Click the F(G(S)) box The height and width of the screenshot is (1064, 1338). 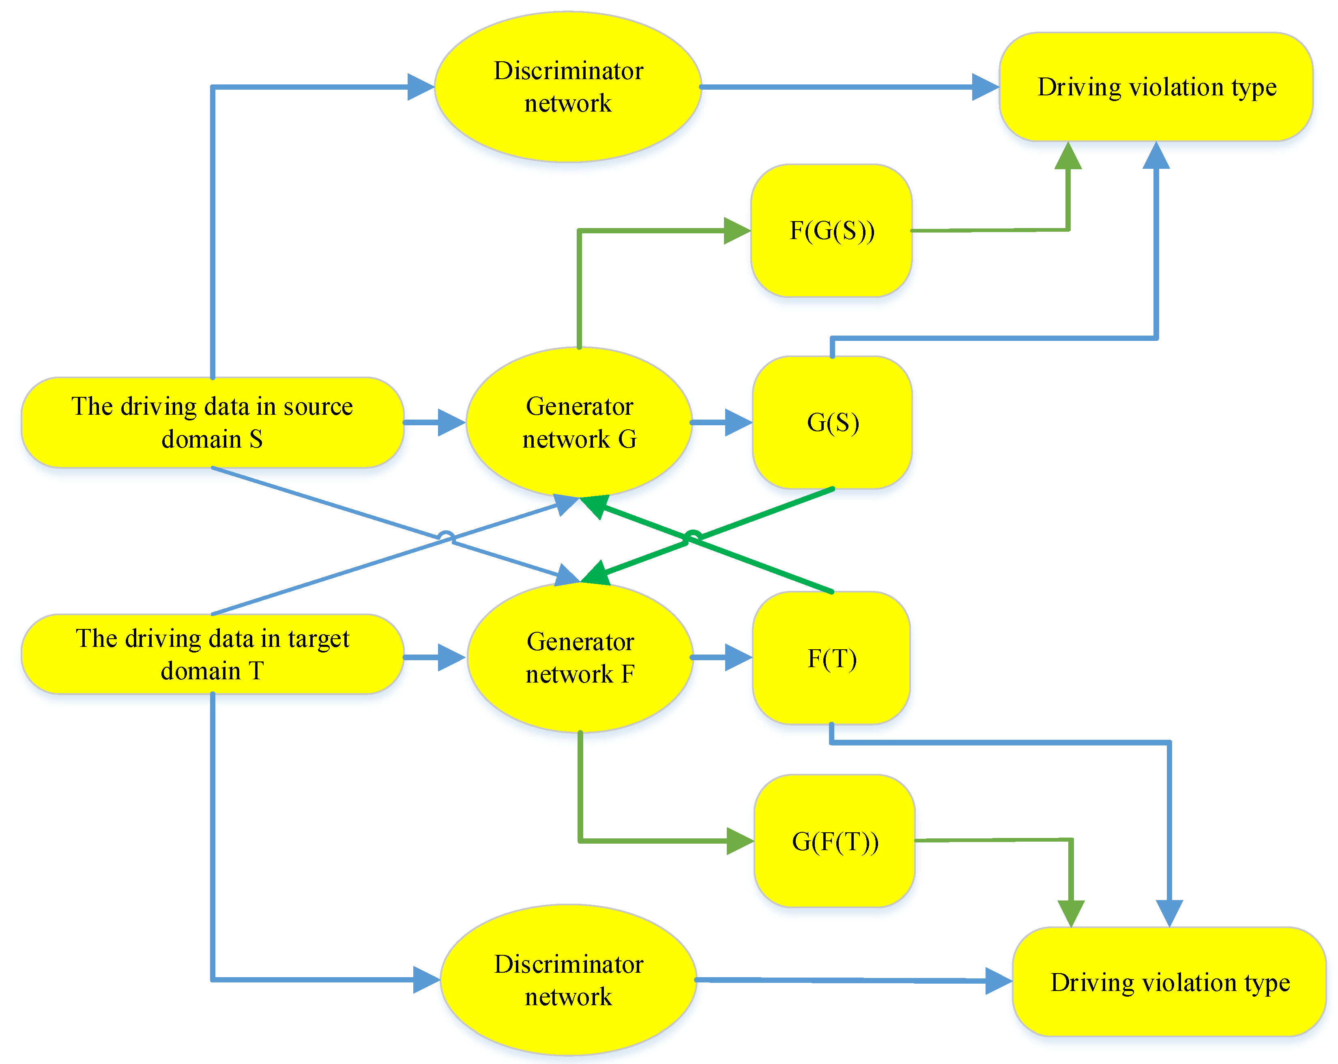click(x=831, y=230)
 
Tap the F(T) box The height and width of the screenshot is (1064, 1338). click(x=831, y=658)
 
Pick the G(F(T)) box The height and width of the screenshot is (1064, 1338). click(x=835, y=841)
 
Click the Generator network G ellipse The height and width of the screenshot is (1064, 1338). click(x=579, y=422)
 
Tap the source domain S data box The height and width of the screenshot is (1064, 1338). click(x=212, y=422)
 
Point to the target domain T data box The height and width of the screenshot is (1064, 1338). click(x=212, y=654)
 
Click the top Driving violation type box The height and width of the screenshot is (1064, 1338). click(x=1156, y=87)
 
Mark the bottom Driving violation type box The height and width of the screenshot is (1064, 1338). click(x=1169, y=982)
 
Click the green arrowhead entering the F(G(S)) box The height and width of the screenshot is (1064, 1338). click(x=737, y=230)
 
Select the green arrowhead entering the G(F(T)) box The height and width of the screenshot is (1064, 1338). click(x=740, y=841)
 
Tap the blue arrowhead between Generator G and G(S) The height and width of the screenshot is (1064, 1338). click(x=739, y=422)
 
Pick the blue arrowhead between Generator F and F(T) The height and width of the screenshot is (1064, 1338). click(x=739, y=657)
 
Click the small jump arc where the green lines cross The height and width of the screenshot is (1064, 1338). click(x=693, y=536)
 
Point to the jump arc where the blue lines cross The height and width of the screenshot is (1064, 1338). click(x=446, y=536)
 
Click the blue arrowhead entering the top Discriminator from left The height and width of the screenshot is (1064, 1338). click(x=420, y=87)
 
